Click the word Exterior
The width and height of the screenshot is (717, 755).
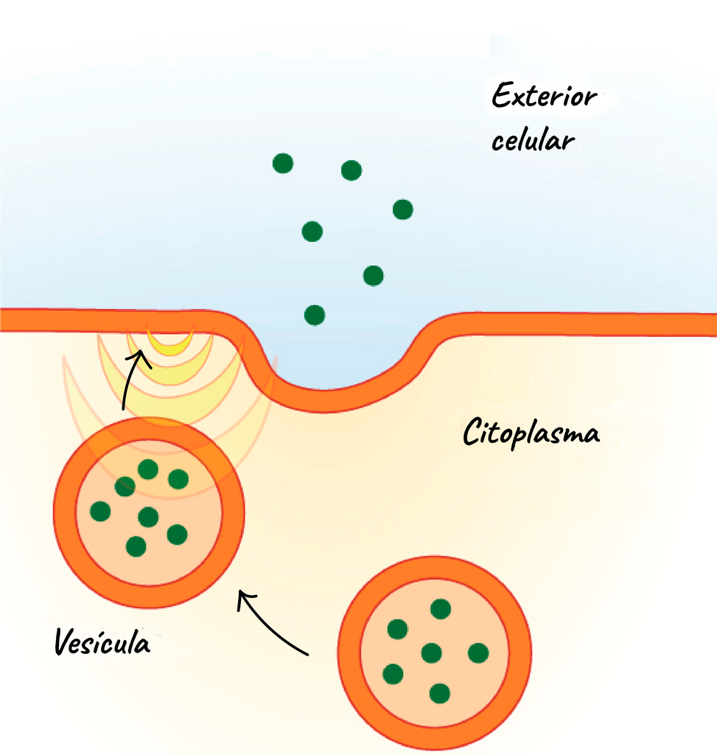pos(545,95)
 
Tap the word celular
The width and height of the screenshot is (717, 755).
pos(534,139)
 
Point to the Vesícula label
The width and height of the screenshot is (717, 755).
pos(102,641)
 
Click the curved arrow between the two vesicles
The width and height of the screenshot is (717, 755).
pos(267,627)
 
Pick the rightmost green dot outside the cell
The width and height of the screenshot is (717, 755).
pos(403,209)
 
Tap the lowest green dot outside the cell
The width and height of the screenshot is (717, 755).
pos(315,316)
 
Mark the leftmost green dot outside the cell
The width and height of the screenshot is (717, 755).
pos(283,163)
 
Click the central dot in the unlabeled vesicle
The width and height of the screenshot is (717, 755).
pos(431,653)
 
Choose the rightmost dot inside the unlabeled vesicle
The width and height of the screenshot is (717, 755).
pos(478,653)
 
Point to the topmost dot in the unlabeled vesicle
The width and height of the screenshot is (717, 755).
pos(441,608)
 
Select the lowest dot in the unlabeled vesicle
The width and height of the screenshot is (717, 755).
pos(439,693)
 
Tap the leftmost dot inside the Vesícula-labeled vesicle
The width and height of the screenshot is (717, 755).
pos(100,511)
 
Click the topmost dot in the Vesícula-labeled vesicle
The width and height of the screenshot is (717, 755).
pos(148,469)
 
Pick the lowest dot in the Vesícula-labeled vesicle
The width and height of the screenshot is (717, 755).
pos(136,546)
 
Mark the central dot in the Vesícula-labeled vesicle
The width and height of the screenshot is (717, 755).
pos(148,517)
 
